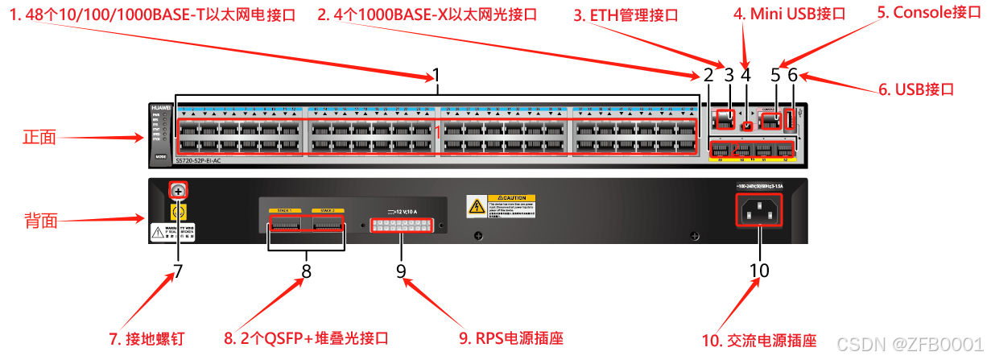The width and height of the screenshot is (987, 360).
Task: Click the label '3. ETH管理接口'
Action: (x=626, y=15)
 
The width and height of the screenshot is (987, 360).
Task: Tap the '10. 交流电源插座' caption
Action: (x=759, y=341)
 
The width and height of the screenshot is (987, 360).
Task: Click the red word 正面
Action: (x=38, y=137)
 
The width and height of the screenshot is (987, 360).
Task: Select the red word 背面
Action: (x=38, y=220)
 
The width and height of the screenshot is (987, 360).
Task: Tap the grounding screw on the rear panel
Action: (x=177, y=190)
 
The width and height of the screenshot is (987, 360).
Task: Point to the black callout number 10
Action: (x=760, y=271)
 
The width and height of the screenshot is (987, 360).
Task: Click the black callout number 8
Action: (x=306, y=271)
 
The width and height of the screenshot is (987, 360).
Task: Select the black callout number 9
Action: (x=401, y=271)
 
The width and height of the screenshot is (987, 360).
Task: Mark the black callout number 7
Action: (x=178, y=271)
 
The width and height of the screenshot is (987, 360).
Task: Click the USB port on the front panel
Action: (x=790, y=121)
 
